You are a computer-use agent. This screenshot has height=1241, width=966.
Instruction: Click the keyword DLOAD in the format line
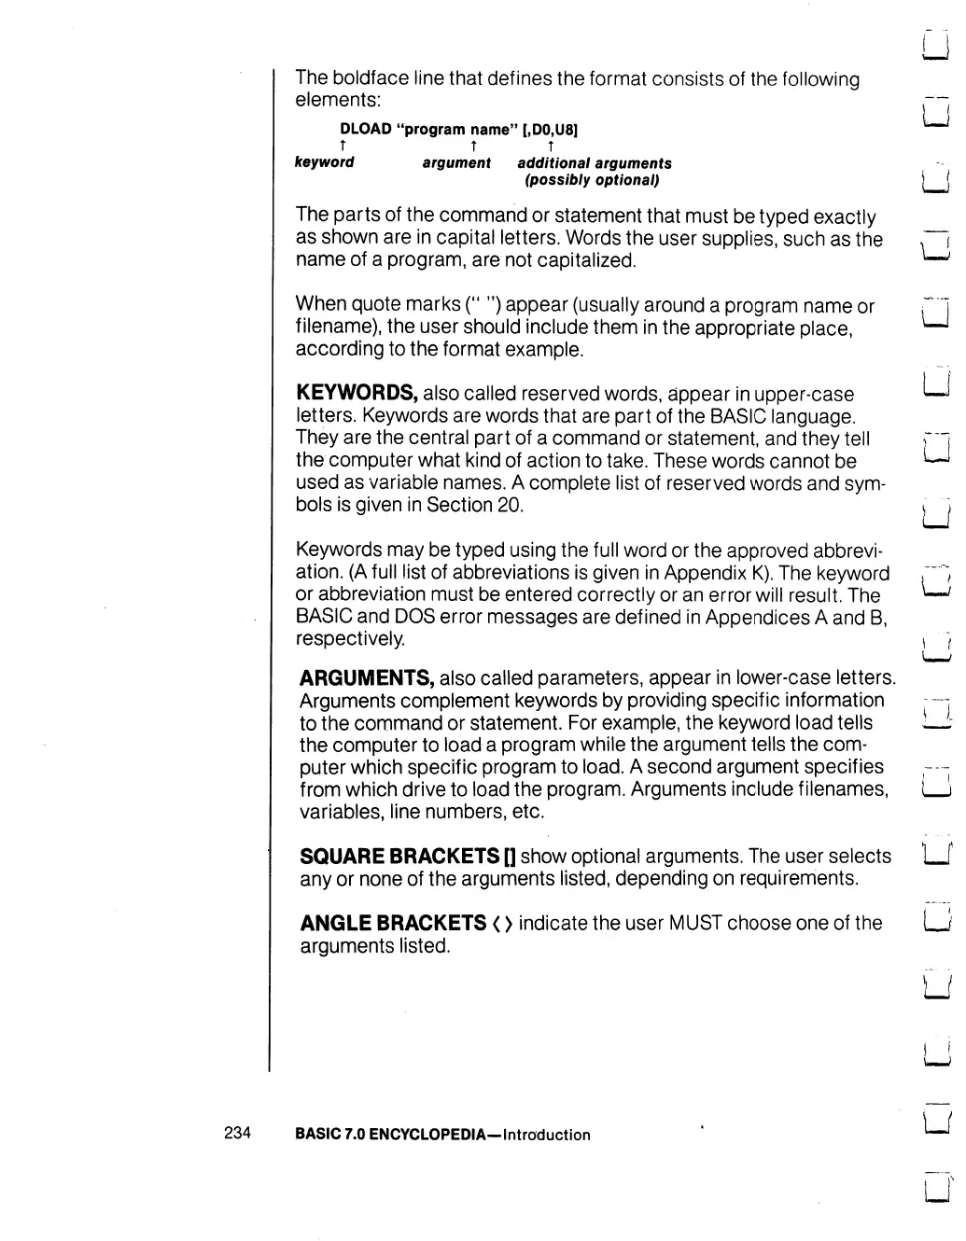point(365,129)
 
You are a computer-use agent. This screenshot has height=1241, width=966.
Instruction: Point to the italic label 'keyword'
point(324,162)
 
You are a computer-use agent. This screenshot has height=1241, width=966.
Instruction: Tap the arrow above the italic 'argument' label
point(474,146)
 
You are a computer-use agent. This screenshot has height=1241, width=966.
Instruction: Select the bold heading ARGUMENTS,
point(366,677)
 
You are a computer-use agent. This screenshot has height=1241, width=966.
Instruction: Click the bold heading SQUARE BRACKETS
point(399,856)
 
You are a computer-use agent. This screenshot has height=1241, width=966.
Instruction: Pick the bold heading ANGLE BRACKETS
point(393,923)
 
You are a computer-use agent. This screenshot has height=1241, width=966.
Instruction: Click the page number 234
point(238,1133)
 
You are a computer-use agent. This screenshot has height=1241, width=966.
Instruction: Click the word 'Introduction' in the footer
point(546,1135)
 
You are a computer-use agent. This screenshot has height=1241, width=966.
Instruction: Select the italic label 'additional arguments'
point(595,163)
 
